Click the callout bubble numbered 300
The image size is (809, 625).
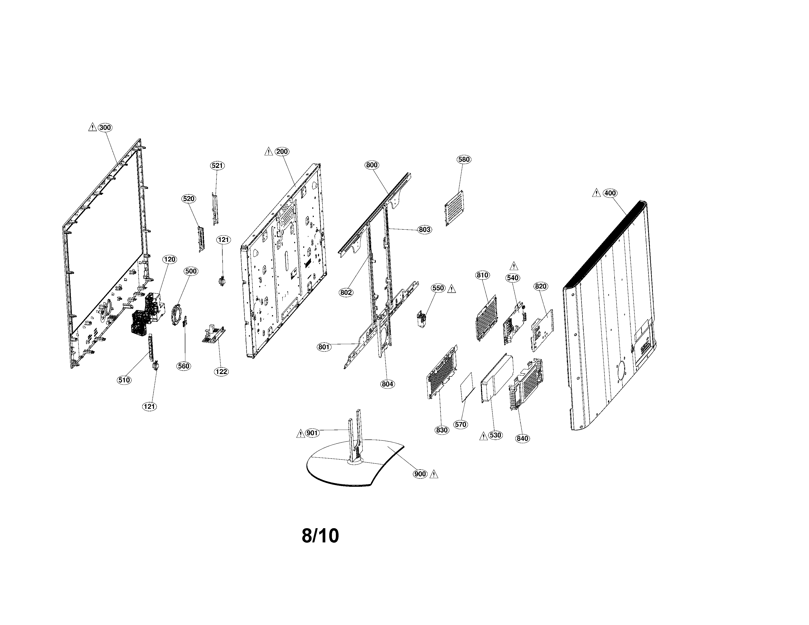click(105, 128)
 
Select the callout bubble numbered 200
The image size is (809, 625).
click(282, 151)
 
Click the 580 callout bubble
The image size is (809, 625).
click(464, 160)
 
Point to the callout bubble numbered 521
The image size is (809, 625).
click(217, 165)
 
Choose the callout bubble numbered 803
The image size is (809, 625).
click(425, 230)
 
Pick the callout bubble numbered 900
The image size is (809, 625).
click(420, 474)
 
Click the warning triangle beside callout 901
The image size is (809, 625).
click(300, 434)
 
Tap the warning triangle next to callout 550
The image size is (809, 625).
click(452, 289)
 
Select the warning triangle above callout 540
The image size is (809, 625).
click(514, 266)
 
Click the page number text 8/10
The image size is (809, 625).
click(320, 536)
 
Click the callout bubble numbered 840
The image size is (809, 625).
click(522, 439)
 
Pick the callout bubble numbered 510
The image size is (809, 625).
click(124, 380)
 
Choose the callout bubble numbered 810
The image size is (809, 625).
click(483, 275)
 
